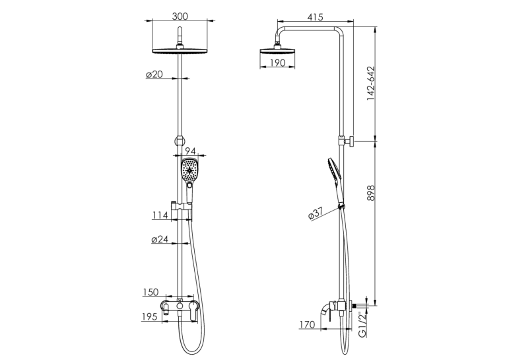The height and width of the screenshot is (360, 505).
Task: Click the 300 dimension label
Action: click(x=180, y=16)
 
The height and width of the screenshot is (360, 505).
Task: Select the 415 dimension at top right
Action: click(x=315, y=17)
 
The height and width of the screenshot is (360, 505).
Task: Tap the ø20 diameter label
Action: click(x=154, y=75)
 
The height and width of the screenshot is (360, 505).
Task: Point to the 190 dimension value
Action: click(x=277, y=63)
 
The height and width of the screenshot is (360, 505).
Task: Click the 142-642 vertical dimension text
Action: click(x=371, y=83)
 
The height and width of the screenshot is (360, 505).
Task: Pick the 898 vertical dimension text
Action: click(x=371, y=193)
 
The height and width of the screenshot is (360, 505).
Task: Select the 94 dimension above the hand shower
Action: click(x=191, y=151)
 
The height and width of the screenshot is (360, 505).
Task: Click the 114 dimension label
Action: click(x=160, y=215)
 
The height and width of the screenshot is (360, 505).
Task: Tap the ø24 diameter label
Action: click(x=160, y=240)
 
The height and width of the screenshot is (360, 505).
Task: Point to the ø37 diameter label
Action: click(x=316, y=213)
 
